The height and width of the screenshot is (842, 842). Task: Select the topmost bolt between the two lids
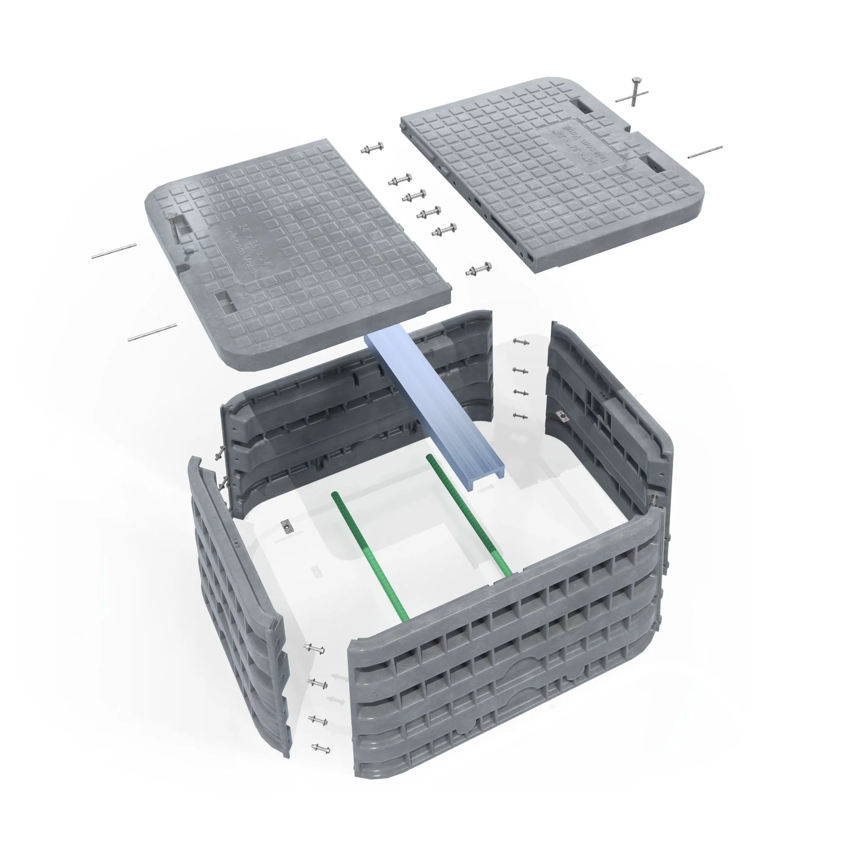372,149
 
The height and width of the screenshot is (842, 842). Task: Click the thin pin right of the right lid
705,152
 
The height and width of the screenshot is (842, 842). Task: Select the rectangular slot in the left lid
225,301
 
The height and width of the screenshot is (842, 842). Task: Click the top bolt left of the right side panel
521,341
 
